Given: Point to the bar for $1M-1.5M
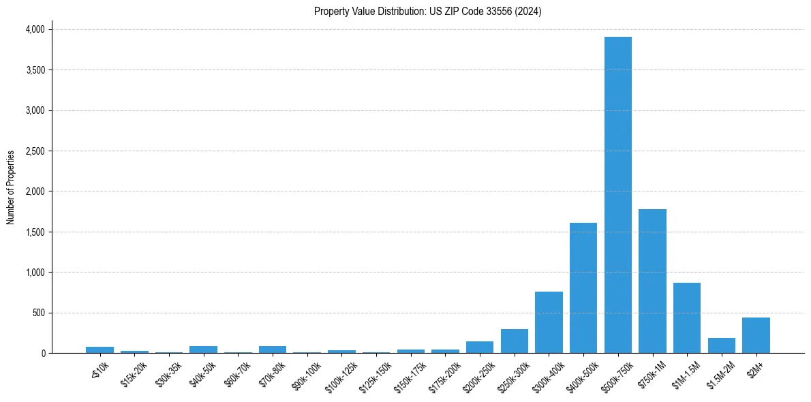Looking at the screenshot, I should (x=687, y=318).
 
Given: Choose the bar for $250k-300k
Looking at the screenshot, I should (x=514, y=341).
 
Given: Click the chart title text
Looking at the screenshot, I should (x=428, y=12).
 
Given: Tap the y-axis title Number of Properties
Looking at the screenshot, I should (x=11, y=187).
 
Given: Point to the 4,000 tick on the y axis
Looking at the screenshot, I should (x=35, y=29).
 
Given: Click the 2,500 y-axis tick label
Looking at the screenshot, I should (x=35, y=151).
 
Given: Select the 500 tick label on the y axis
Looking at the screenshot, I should (x=39, y=313).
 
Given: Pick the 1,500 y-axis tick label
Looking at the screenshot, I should (x=35, y=232).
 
